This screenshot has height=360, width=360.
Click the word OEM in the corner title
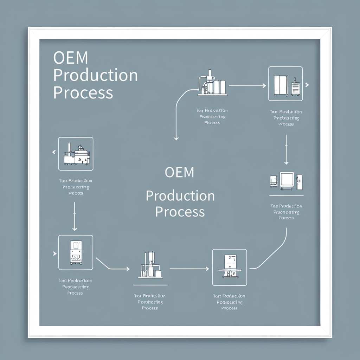coord(71,58)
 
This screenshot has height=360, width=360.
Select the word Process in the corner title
coord(83,93)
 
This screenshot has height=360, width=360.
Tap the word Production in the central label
coord(180,196)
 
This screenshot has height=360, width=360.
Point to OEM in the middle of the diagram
coord(179,172)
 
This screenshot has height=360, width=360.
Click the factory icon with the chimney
coord(76,154)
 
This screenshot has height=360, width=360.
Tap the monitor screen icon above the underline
coord(286,180)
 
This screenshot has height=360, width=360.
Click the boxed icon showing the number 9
coord(230,267)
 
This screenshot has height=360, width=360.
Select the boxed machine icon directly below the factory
coord(76,252)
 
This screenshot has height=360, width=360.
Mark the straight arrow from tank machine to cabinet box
coord(247,85)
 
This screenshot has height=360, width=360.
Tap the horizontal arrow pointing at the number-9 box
coord(189,269)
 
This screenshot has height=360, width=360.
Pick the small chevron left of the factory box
coord(54,152)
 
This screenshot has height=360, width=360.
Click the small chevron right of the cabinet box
coord(307,85)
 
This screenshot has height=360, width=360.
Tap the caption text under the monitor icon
coord(286,212)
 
